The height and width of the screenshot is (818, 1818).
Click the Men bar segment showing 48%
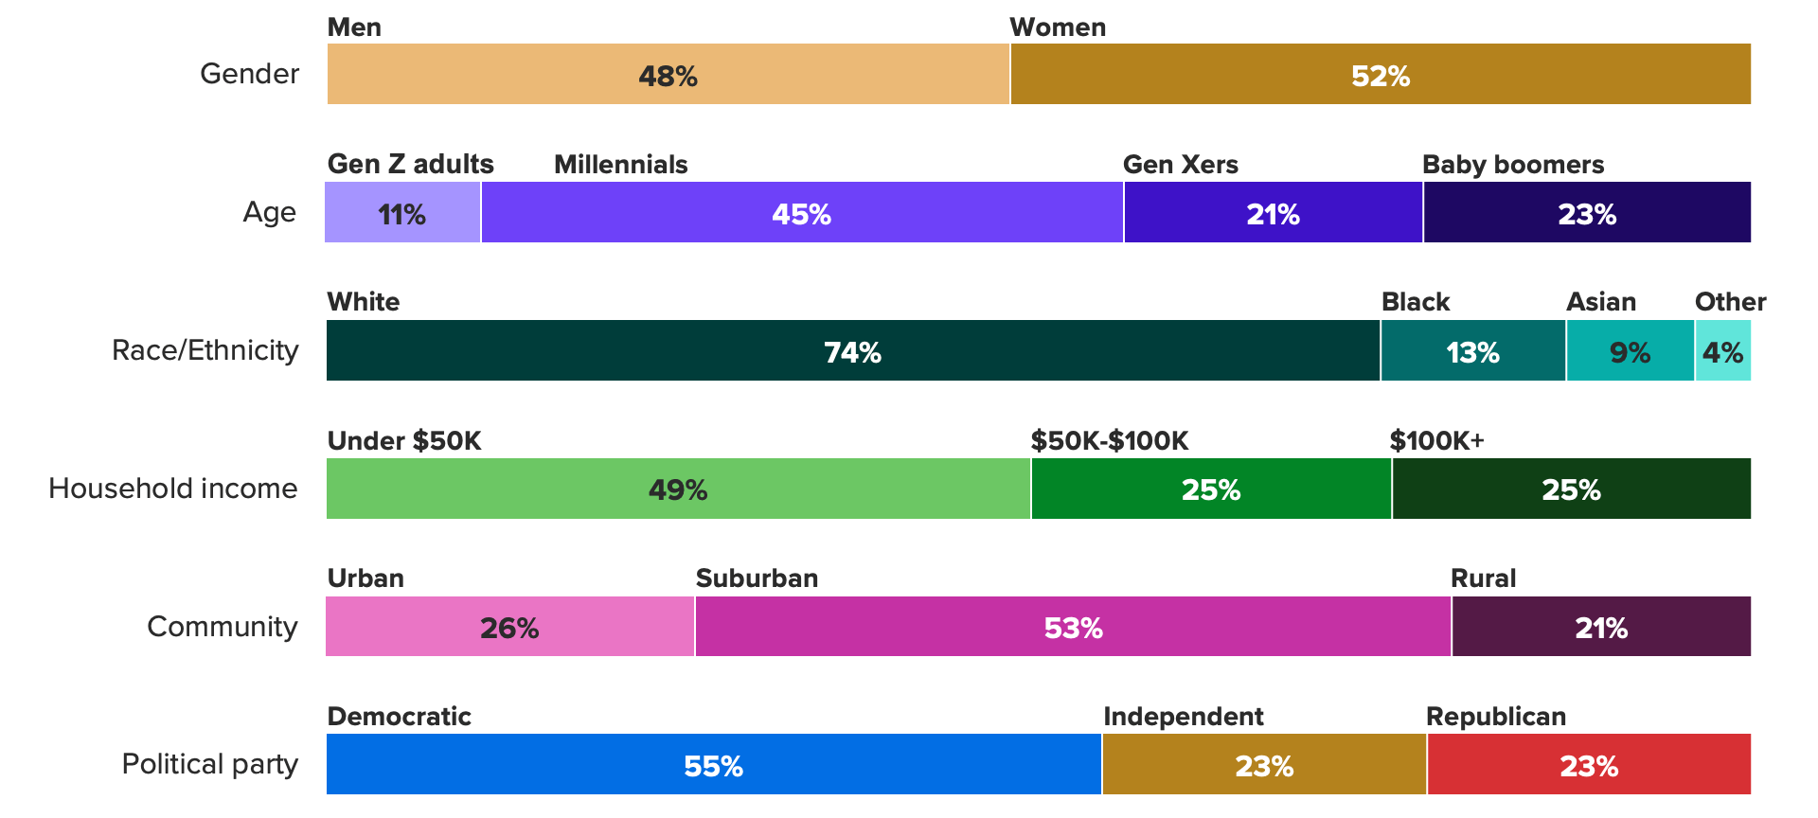pos(668,74)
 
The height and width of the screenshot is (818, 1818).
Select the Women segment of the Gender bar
pos(1380,74)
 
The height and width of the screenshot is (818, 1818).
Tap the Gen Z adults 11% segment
pos(402,213)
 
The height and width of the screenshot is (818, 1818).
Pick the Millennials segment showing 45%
pos(801,213)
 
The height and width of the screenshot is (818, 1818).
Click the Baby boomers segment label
pos(1512,165)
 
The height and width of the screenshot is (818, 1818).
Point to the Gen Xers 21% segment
pos(1273,213)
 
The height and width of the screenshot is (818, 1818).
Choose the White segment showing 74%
pos(852,351)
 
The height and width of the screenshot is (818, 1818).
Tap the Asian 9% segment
pos(1630,351)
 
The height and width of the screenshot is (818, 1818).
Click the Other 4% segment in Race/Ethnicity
pos(1722,351)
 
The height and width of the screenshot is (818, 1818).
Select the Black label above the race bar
pos(1415,302)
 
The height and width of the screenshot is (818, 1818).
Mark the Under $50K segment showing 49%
pos(678,489)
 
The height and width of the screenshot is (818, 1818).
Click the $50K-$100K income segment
pos(1210,489)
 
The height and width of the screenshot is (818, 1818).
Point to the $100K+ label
pos(1436,441)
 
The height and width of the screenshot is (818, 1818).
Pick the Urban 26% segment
pos(509,627)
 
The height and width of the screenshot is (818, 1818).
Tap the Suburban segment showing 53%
pos(1073,627)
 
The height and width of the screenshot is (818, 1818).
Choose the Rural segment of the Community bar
pos(1600,627)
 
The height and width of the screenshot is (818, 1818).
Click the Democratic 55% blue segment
pos(713,765)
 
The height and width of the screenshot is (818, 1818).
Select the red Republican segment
pos(1588,765)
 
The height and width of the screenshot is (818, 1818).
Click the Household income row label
pos(173,489)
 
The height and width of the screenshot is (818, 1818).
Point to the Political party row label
pos(210,764)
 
